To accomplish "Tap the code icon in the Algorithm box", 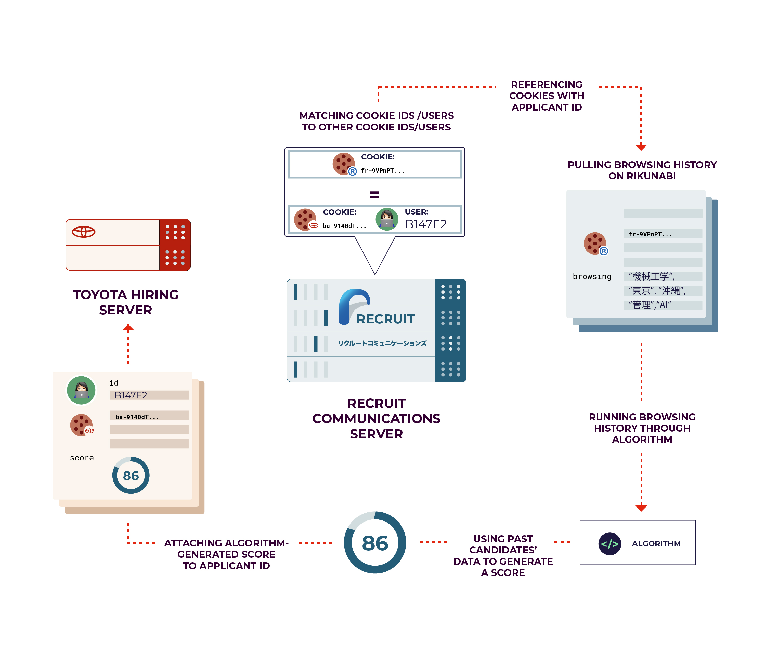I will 609,544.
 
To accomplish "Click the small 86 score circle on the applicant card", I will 131,475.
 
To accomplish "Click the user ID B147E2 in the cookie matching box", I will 426,224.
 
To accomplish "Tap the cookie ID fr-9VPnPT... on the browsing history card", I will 650,234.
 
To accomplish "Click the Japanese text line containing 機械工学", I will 652,276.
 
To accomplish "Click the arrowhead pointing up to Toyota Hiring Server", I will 128,328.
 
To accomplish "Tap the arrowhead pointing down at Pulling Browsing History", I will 641,147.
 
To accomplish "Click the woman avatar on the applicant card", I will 81,390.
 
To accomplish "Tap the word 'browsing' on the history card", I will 592,276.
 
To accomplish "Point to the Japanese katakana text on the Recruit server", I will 382,343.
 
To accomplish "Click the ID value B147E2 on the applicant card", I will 131,395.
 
